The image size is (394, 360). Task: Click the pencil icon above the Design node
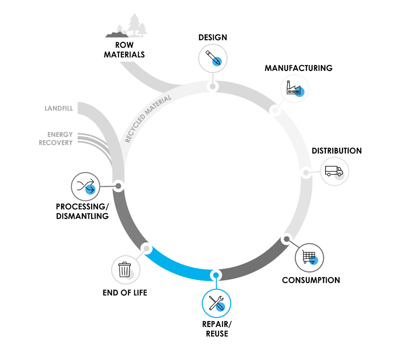click(x=213, y=57)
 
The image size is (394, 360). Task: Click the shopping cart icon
click(x=309, y=257)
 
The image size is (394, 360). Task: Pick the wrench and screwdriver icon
click(x=216, y=303)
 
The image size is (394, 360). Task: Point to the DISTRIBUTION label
click(x=337, y=151)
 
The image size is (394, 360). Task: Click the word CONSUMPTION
click(x=311, y=280)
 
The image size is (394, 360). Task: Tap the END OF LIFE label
click(x=125, y=293)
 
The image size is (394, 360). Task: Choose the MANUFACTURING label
click(x=299, y=68)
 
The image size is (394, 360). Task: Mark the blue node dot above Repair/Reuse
click(x=215, y=275)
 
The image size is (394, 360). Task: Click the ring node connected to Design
click(x=213, y=86)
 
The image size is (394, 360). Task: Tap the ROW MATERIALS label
click(x=124, y=50)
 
